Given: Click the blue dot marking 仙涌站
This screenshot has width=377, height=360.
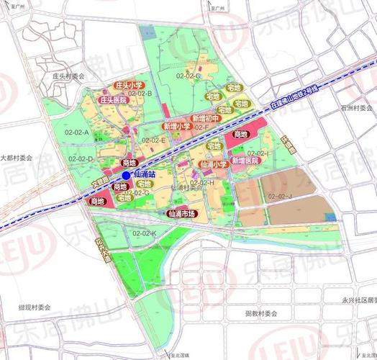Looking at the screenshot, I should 127,174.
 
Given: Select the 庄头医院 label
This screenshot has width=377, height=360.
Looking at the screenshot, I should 113,99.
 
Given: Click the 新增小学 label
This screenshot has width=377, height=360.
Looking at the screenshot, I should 176,126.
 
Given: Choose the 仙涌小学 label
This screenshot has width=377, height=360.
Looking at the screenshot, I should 213,164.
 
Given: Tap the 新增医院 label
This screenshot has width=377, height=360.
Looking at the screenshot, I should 245,161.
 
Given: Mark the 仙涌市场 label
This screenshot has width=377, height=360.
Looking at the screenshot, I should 181,213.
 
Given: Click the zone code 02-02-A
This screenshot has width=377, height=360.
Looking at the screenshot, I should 77,132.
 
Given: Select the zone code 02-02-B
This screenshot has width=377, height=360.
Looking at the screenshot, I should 140,93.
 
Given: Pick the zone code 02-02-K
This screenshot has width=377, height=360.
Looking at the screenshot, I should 144,233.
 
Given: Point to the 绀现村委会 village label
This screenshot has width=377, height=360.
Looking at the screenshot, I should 35,307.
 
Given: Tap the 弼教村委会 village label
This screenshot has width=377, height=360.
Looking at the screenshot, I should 260,314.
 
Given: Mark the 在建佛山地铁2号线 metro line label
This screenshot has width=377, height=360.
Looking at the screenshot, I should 306,93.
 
